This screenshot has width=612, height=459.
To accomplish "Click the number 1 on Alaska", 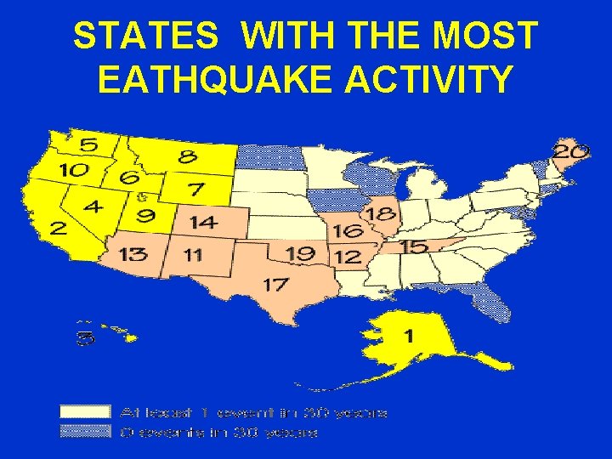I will click(409, 336).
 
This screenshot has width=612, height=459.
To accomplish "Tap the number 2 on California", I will click(58, 228).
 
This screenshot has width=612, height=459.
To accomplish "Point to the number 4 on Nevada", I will click(93, 207).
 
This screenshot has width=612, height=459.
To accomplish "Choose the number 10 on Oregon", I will click(73, 170).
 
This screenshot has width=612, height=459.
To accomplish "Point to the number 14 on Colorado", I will click(204, 223).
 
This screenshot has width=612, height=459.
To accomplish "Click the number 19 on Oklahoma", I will click(301, 253).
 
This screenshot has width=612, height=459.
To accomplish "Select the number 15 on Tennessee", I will click(413, 246).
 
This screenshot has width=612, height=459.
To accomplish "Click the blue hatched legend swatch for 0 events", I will click(85, 432).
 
